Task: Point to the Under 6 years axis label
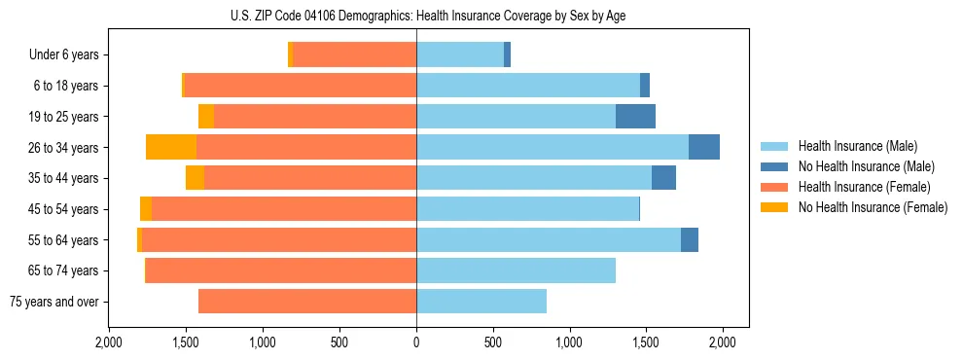63,55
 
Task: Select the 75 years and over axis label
53,302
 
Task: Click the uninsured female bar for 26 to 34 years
171,147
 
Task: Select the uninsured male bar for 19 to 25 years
635,117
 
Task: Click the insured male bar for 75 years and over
481,302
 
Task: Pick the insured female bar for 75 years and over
307,302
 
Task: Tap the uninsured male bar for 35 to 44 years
663,178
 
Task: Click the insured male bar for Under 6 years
460,55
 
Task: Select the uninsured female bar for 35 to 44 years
195,178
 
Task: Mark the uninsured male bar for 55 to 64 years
690,239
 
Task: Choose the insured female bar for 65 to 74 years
281,270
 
